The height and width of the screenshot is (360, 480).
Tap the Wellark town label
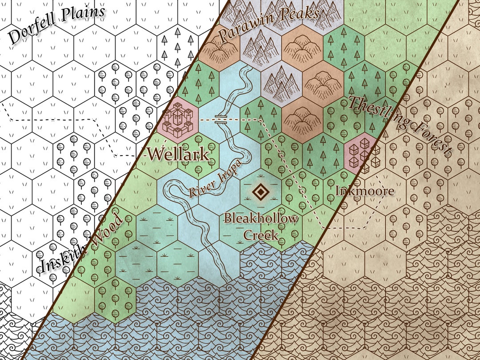(x=178, y=155)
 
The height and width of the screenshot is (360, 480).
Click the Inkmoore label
(x=364, y=191)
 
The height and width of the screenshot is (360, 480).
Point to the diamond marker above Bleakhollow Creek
(x=260, y=192)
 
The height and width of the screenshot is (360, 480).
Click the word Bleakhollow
(x=260, y=219)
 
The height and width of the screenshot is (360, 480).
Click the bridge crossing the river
(x=221, y=119)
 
